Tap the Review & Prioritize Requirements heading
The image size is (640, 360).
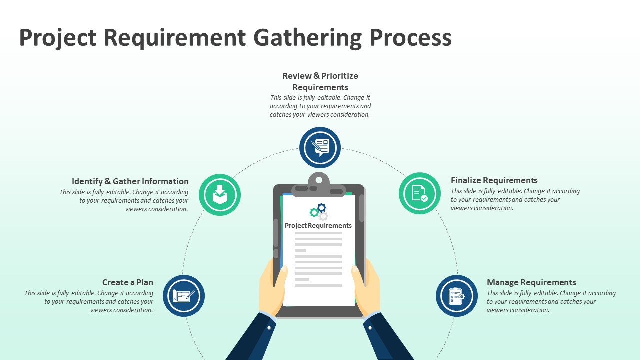[x=320, y=81]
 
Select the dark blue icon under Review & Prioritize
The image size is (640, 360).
[x=320, y=148]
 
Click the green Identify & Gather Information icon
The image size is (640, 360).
[x=220, y=195]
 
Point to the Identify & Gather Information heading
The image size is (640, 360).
[x=130, y=181]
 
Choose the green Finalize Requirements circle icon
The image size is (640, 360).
[x=420, y=193]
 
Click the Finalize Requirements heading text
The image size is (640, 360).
[x=494, y=180]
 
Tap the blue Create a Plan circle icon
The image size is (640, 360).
[x=184, y=296]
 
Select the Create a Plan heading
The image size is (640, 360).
[x=128, y=282]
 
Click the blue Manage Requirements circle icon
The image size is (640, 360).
[x=456, y=296]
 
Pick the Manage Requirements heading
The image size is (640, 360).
[x=531, y=282]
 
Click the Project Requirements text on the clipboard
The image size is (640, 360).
[x=318, y=225]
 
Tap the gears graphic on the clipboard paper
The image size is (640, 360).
[x=319, y=211]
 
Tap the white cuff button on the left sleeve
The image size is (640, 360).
[x=269, y=328]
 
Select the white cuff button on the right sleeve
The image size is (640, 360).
[x=370, y=328]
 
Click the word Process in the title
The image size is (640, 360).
[x=411, y=38]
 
